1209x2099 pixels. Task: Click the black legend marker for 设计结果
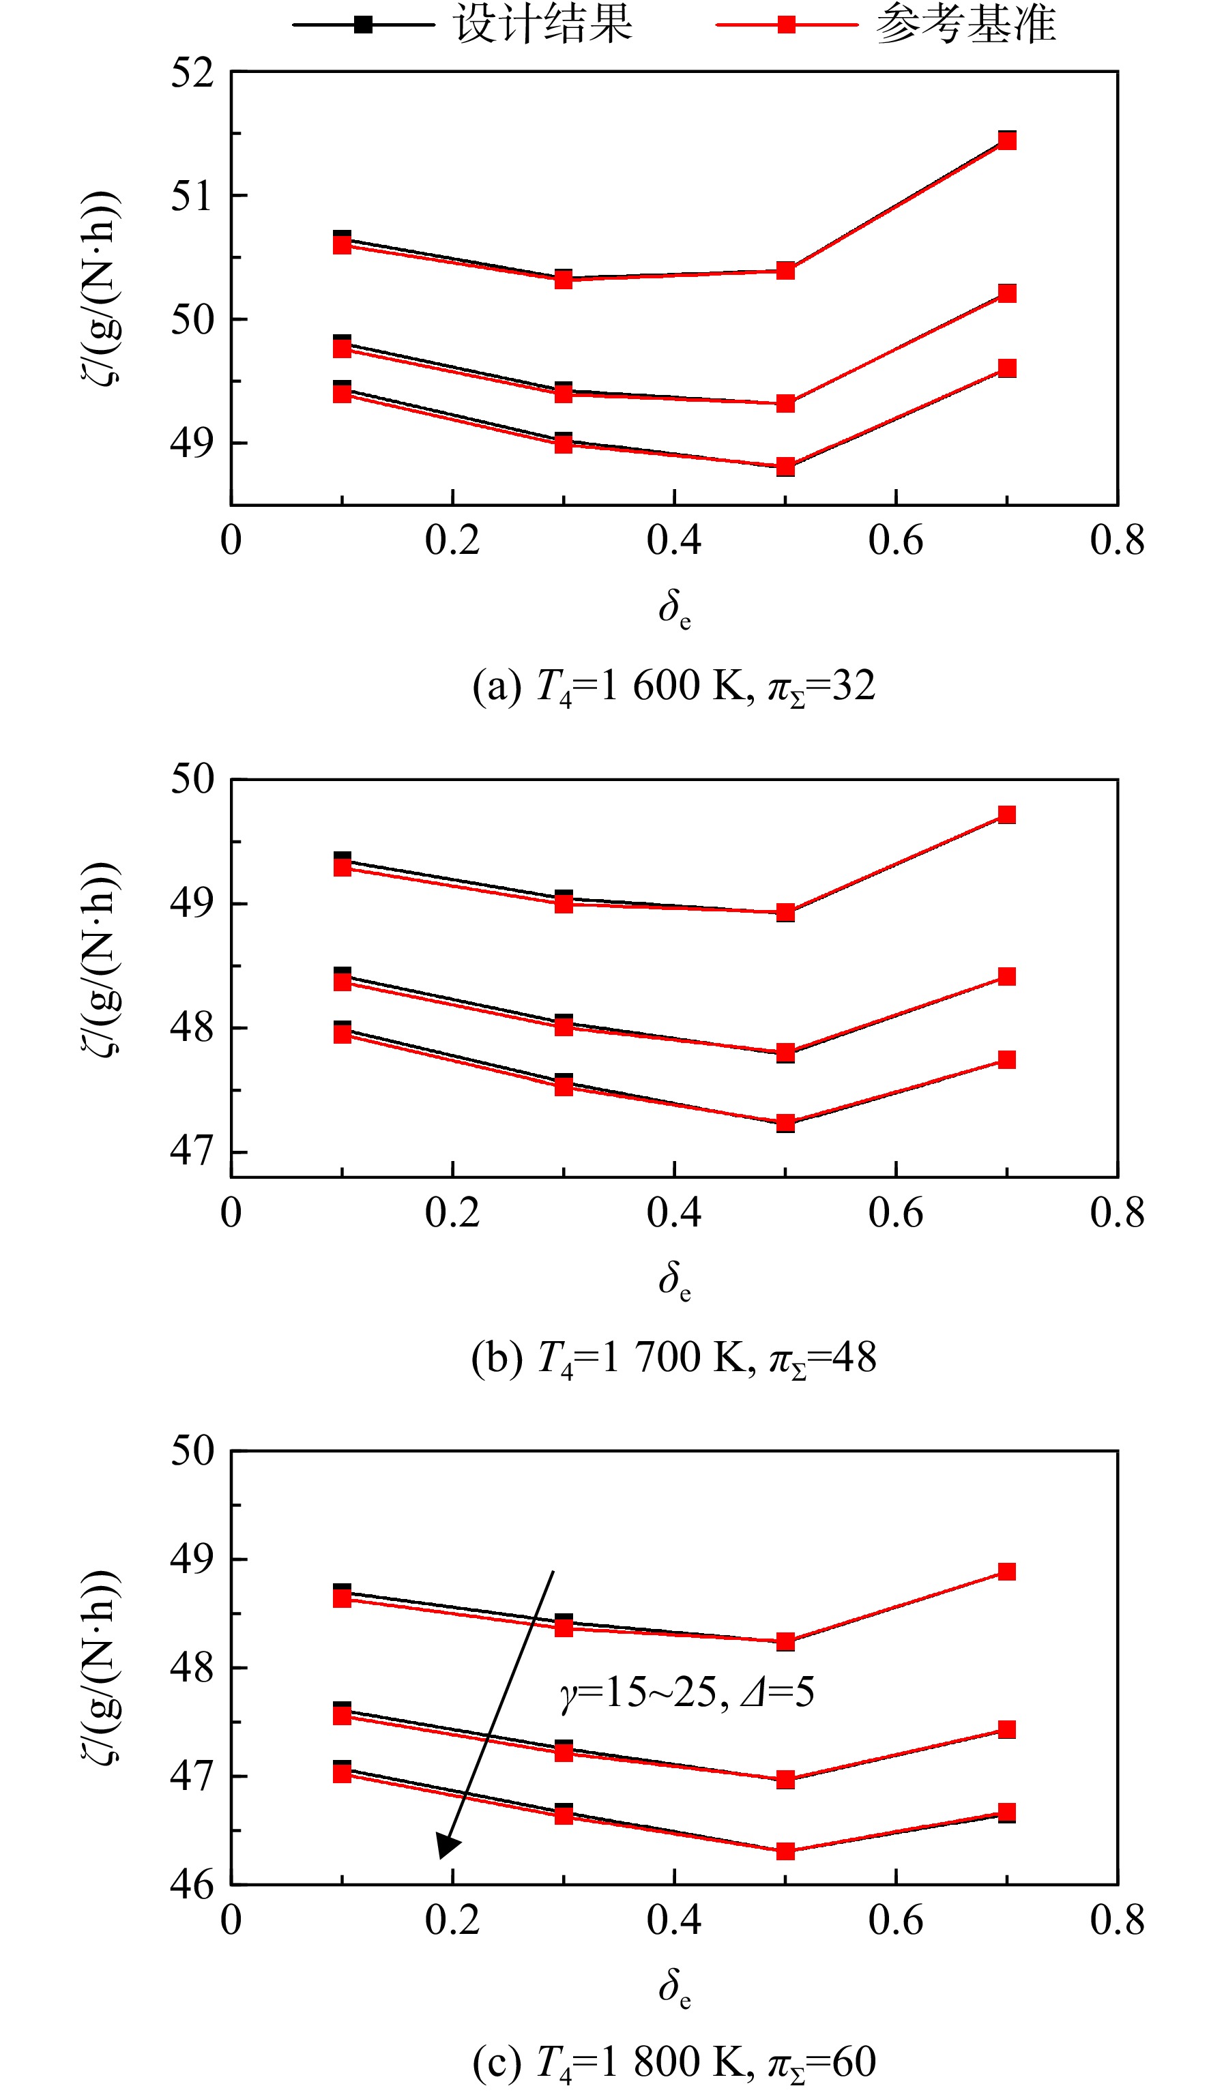(x=363, y=24)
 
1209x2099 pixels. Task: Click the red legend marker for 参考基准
(x=787, y=24)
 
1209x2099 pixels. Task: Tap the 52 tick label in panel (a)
(x=192, y=73)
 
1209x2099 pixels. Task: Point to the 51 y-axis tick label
(x=192, y=196)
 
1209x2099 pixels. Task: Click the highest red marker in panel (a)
(x=1007, y=141)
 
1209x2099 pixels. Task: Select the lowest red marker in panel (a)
(x=785, y=467)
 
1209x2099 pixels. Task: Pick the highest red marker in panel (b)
(x=1007, y=814)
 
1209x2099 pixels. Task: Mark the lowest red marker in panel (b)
(x=785, y=1122)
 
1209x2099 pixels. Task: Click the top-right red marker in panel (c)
(x=1007, y=1571)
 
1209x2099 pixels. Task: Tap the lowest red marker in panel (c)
(x=785, y=1851)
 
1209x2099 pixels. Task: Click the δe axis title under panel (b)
(x=674, y=1280)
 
